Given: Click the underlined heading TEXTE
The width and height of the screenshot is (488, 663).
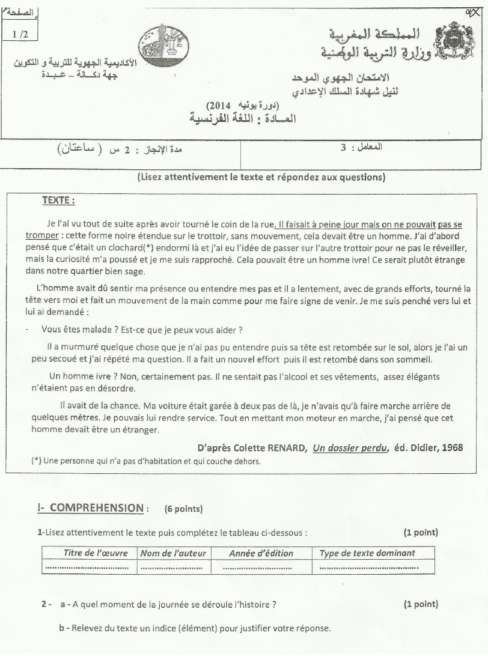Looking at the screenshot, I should (x=58, y=200).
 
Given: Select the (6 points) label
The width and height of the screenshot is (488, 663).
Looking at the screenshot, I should (x=183, y=509).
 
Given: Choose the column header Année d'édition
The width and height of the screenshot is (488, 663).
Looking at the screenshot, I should (x=261, y=552).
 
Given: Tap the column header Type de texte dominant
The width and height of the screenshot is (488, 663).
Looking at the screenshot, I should (x=367, y=552).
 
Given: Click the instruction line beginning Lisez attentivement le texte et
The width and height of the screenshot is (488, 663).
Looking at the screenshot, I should (x=261, y=177).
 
